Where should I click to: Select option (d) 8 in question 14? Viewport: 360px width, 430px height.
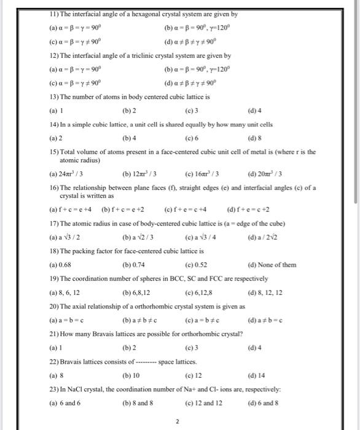point(253,138)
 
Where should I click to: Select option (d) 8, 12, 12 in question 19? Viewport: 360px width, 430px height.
point(265,293)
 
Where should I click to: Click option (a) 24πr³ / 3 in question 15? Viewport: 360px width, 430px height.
point(68,174)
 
